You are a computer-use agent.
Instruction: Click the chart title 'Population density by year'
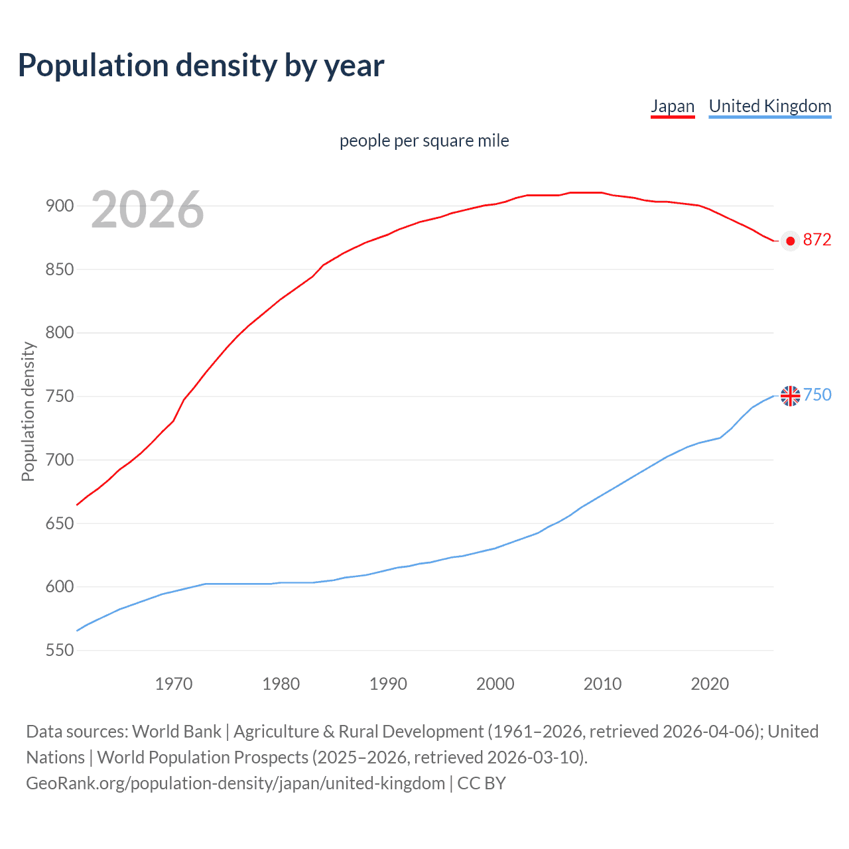pos(201,66)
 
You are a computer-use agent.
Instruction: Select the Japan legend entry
pos(672,106)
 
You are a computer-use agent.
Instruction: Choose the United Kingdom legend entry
pos(769,106)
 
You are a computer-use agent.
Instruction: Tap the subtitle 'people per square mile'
pos(424,141)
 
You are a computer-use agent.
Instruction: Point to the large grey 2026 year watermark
pos(147,210)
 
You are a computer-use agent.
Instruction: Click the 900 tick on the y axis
pos(60,206)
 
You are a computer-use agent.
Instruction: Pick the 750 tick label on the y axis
pos(60,397)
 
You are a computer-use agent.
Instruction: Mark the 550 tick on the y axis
pos(60,651)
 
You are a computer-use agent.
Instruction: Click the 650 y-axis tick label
pos(60,523)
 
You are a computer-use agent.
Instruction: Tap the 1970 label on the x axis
pos(174,684)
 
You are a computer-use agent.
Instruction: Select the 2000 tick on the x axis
pos(495,684)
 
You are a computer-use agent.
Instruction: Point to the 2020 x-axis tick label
pos(710,684)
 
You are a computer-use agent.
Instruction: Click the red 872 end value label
pos(816,240)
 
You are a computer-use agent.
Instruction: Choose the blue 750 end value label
pos(817,395)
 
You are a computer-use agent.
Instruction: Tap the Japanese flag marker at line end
pos(790,241)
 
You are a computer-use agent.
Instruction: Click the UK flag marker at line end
pos(790,396)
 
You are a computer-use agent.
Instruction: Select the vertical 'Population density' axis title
pos(28,411)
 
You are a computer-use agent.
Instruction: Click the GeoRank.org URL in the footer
pos(235,783)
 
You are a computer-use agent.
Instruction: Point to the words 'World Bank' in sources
pos(176,732)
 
